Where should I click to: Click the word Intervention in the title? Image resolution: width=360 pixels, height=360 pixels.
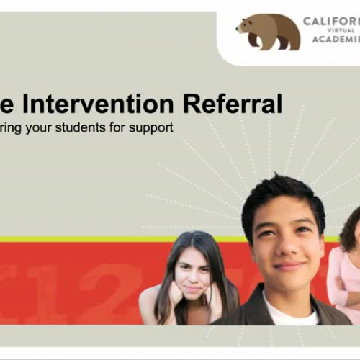click(94, 104)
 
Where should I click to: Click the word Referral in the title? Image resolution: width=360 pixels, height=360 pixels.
click(232, 104)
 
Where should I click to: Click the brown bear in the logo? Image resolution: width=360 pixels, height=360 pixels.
click(267, 32)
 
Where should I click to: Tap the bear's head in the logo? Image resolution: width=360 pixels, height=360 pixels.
click(245, 26)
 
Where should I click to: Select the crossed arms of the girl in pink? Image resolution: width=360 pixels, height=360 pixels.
click(345, 295)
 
